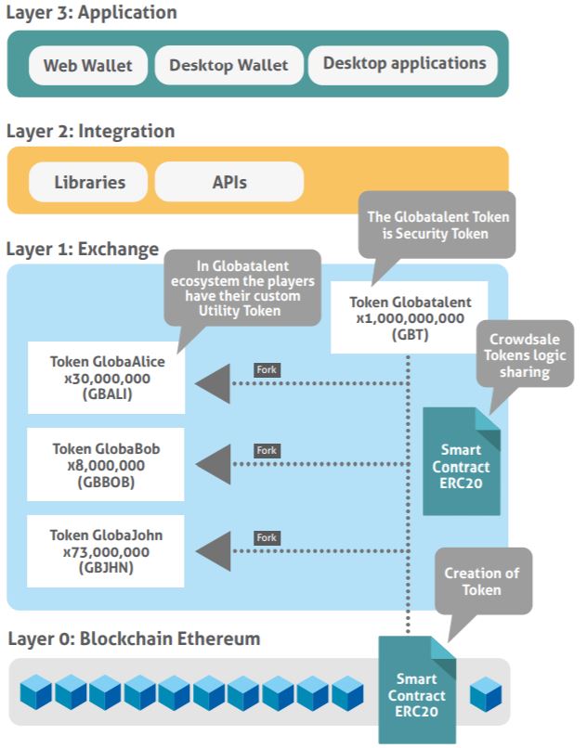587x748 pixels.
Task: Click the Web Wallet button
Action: (x=87, y=66)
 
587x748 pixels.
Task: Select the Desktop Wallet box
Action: (x=228, y=66)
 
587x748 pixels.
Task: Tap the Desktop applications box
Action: (x=404, y=64)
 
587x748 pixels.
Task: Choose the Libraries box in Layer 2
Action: (x=89, y=182)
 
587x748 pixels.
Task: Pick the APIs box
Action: (x=228, y=182)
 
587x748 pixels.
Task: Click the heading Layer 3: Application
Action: (x=91, y=13)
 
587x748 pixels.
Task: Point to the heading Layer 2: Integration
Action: (x=90, y=131)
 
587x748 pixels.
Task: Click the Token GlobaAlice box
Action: (x=105, y=377)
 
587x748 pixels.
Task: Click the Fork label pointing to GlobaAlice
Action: (x=267, y=369)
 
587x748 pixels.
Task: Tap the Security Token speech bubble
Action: (x=437, y=226)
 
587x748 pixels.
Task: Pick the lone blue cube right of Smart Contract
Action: (x=485, y=693)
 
